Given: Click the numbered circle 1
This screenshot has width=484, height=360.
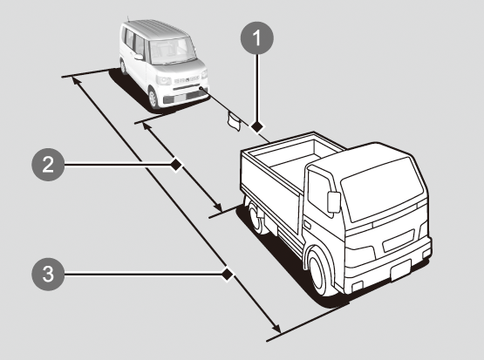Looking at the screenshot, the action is click(256, 38).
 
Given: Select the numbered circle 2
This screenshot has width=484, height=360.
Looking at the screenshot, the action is click(48, 165).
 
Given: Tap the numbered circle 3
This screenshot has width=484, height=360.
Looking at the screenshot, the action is click(48, 274).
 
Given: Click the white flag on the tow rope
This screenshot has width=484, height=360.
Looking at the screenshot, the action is click(234, 121).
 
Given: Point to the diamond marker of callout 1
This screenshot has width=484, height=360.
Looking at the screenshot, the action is click(256, 126).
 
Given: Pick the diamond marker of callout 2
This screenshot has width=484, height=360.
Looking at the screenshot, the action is click(176, 165).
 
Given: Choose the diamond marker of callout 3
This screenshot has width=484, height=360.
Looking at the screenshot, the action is click(228, 274).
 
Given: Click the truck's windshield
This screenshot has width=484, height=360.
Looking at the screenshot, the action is click(382, 189).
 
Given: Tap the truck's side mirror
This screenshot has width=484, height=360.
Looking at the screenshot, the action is click(334, 202).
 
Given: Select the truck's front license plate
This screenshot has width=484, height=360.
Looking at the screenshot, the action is click(400, 270).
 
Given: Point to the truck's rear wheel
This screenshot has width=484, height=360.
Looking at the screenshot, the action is click(256, 216).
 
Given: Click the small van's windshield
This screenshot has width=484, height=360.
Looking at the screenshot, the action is click(168, 51).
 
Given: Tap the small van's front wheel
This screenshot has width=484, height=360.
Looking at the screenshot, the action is click(153, 98).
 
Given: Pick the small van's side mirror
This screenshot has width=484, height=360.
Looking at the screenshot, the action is click(139, 57).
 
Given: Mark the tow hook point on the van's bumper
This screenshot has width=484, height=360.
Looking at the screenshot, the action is click(201, 88).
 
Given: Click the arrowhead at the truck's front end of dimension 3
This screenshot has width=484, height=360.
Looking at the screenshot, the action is click(276, 328).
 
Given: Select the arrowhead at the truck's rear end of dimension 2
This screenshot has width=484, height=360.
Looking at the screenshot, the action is click(218, 207).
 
